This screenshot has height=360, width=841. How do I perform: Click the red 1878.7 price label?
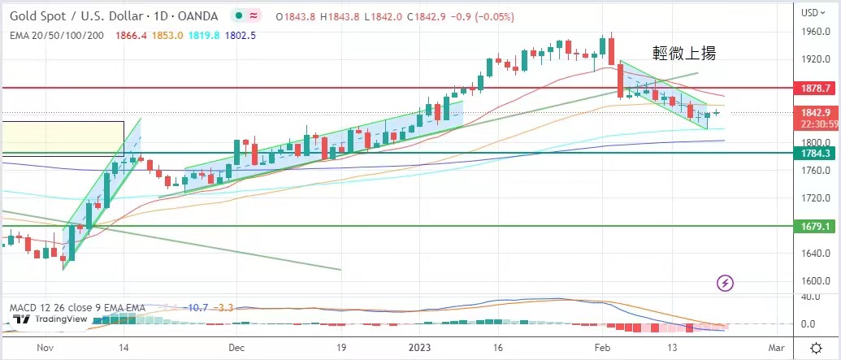pyautogui.click(x=815, y=88)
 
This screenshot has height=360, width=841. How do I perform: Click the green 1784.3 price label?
pyautogui.click(x=815, y=152)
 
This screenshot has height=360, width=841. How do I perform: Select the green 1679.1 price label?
pyautogui.click(x=815, y=226)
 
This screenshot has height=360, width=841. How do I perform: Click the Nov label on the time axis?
pyautogui.click(x=46, y=347)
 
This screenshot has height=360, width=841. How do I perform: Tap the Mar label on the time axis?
pyautogui.click(x=775, y=347)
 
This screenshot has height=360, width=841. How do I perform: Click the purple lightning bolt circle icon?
pyautogui.click(x=726, y=283)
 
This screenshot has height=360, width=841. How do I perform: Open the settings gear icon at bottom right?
pyautogui.click(x=816, y=348)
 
